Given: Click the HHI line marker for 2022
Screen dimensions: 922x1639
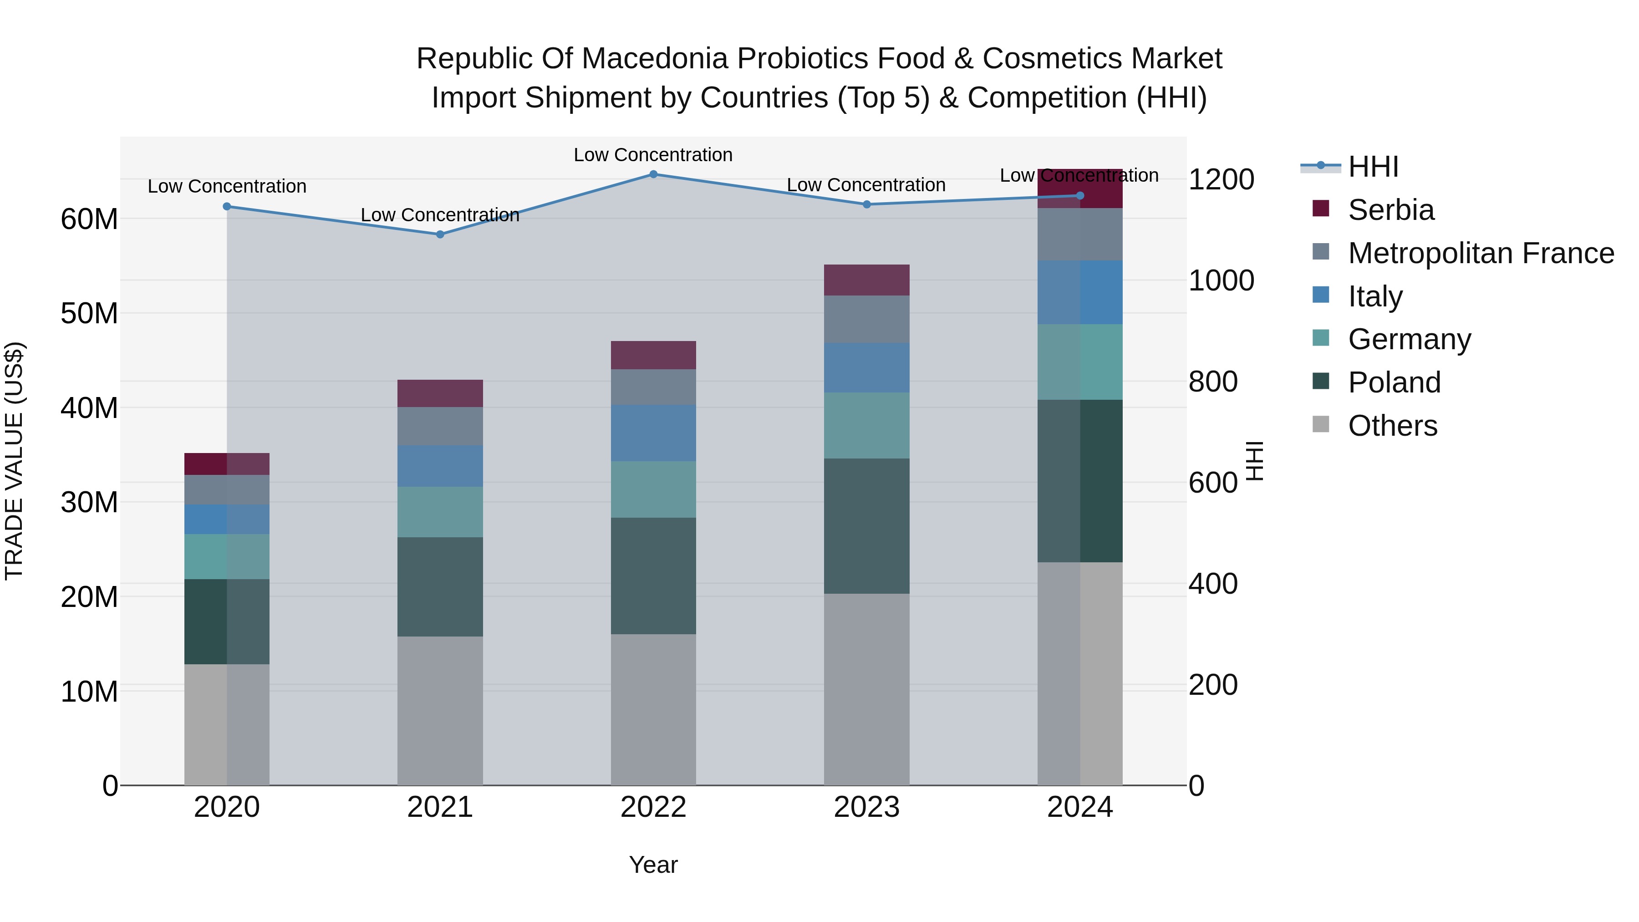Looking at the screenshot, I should tap(653, 174).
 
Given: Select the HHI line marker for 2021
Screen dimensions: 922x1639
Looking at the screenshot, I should tap(440, 234).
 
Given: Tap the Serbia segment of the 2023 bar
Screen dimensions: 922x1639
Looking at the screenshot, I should tap(866, 280).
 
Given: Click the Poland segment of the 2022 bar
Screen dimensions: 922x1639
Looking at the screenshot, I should tap(653, 576).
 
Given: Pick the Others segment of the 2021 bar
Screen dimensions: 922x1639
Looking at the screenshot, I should tap(440, 711).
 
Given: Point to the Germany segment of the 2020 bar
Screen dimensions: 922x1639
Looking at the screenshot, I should tap(227, 557).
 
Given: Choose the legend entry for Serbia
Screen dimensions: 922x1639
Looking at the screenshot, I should tap(1390, 210).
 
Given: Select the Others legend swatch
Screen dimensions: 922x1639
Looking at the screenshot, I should tap(1321, 424).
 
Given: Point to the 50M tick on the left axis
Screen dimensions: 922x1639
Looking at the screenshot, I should tap(89, 314).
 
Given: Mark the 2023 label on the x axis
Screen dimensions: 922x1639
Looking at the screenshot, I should tap(866, 807).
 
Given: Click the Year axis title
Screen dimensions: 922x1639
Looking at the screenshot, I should tap(653, 865).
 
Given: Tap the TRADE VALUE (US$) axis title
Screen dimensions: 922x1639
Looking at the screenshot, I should tap(14, 461).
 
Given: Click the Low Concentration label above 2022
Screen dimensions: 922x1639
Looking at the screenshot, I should tap(653, 155).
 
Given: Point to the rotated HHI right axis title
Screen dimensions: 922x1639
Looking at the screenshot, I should tap(1253, 461).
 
